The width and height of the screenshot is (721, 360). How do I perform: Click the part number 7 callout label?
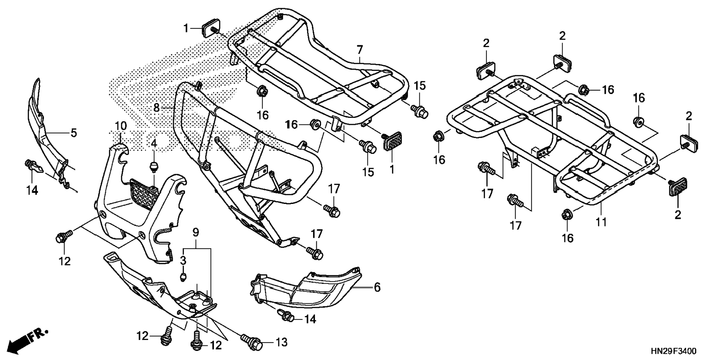359,50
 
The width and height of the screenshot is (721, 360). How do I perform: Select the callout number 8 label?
157,108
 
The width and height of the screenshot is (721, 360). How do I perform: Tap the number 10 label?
120,126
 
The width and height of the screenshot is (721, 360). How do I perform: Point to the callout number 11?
601,222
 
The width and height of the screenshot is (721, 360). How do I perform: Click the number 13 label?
282,342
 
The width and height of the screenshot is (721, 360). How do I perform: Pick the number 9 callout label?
196,233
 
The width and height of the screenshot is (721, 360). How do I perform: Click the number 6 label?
377,287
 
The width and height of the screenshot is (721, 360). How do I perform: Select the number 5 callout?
73,133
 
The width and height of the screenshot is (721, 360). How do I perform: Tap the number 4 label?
154,143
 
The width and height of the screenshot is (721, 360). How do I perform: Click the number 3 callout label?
183,260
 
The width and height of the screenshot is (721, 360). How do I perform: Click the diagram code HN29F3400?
673,351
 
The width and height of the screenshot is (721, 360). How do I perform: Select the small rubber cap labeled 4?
153,167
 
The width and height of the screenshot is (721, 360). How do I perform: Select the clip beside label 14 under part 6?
286,315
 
